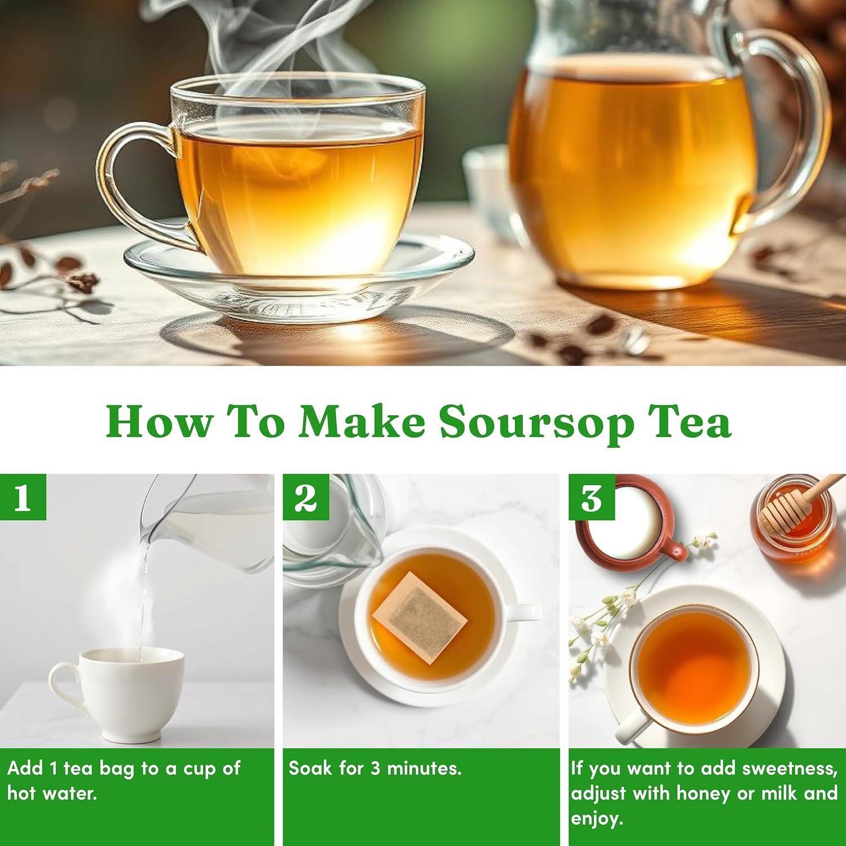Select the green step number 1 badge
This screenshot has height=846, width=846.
23,497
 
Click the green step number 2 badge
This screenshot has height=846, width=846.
306,497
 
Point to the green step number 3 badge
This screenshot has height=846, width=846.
592,497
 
